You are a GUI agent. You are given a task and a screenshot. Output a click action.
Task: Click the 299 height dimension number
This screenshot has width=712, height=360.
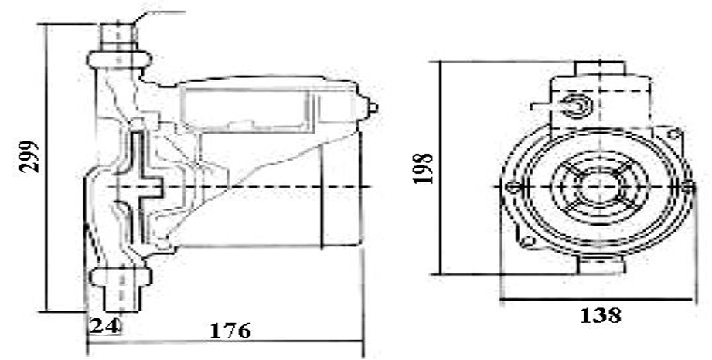click(29, 157)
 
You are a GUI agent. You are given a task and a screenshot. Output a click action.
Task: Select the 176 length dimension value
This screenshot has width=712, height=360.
click(230, 331)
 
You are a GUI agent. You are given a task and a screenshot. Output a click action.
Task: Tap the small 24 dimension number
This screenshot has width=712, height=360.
click(104, 325)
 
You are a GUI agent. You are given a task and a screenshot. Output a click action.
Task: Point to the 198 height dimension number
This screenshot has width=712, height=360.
click(423, 168)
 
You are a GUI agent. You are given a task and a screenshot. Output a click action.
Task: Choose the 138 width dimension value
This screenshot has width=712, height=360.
click(601, 314)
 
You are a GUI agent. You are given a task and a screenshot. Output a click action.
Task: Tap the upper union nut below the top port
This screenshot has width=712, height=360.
click(119, 60)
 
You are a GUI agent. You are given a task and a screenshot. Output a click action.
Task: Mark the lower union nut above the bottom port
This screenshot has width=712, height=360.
click(121, 277)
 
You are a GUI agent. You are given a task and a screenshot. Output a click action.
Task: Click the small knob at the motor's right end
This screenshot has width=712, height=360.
click(372, 108)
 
